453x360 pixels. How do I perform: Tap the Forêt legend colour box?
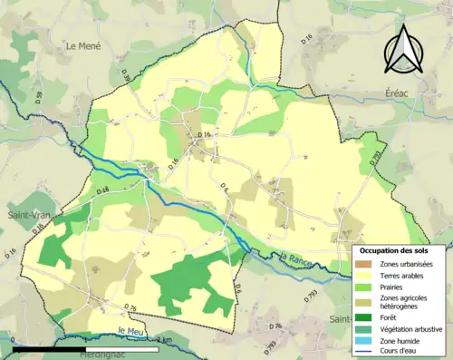pyautogui.click(x=366, y=316)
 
